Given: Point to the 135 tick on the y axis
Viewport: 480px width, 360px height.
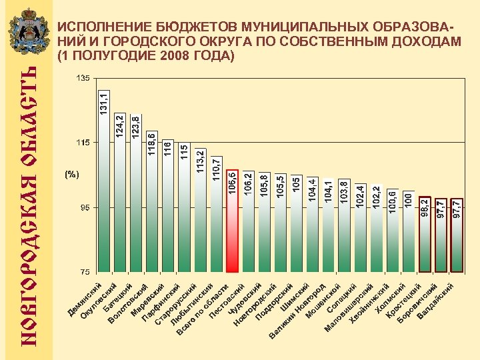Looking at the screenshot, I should [83, 79].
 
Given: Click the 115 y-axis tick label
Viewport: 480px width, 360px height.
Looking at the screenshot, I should [83, 143].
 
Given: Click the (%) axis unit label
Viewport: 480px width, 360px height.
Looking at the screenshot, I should [72, 175].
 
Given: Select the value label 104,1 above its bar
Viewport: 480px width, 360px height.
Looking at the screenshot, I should [328, 194].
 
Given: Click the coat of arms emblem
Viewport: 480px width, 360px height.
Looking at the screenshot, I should [28, 33].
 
